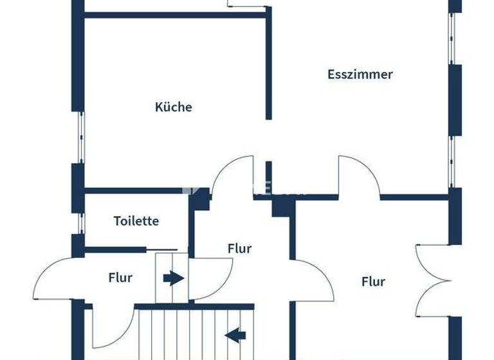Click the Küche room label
tap(174, 107)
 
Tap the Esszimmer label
tap(360, 74)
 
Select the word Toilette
tap(136, 221)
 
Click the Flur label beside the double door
tap(373, 281)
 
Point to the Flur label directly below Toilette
tap(120, 278)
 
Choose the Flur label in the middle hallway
tap(239, 248)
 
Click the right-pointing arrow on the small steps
tap(172, 278)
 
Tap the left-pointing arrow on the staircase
tap(235, 334)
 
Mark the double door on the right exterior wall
tap(434, 280)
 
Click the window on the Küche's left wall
tap(80, 136)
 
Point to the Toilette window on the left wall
tap(80, 222)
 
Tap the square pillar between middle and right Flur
tap(282, 208)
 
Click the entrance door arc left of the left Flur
tap(55, 278)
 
